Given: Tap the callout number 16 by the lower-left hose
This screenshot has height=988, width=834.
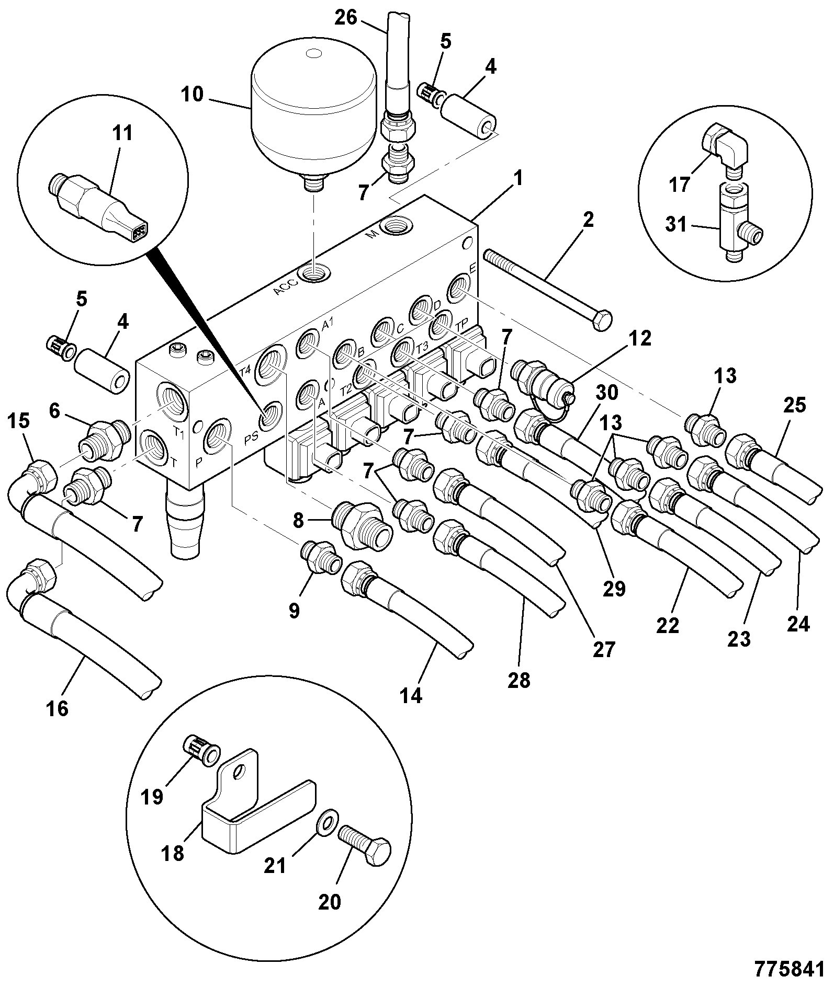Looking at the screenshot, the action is pos(58,709).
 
